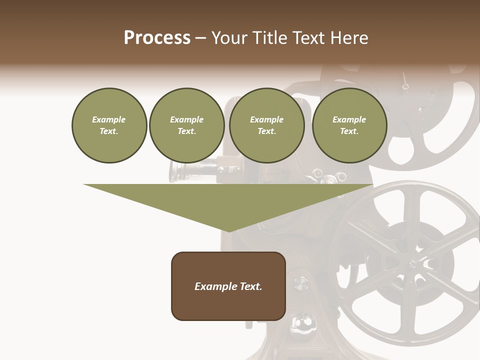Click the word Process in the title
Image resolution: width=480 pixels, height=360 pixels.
157,38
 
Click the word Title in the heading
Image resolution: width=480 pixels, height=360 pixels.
270,38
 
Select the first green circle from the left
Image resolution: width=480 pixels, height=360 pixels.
109,125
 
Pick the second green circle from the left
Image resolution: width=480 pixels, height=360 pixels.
186,125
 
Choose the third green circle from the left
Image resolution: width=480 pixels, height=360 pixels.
266,125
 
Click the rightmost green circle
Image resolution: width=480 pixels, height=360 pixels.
349,125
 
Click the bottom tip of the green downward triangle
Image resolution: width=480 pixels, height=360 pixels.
228,231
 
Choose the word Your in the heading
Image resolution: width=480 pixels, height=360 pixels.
228,38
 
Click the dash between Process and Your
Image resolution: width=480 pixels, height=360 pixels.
200,38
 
